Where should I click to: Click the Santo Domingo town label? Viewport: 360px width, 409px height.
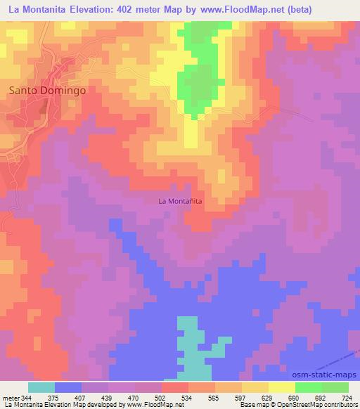pyautogui.click(x=47, y=91)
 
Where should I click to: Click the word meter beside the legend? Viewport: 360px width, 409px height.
pyautogui.click(x=11, y=398)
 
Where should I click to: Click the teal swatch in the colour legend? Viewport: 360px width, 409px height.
pyautogui.click(x=41, y=387)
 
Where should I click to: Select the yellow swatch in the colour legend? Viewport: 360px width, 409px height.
pyautogui.click(x=281, y=387)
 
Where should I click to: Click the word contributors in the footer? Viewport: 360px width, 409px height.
pyautogui.click(x=337, y=405)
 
